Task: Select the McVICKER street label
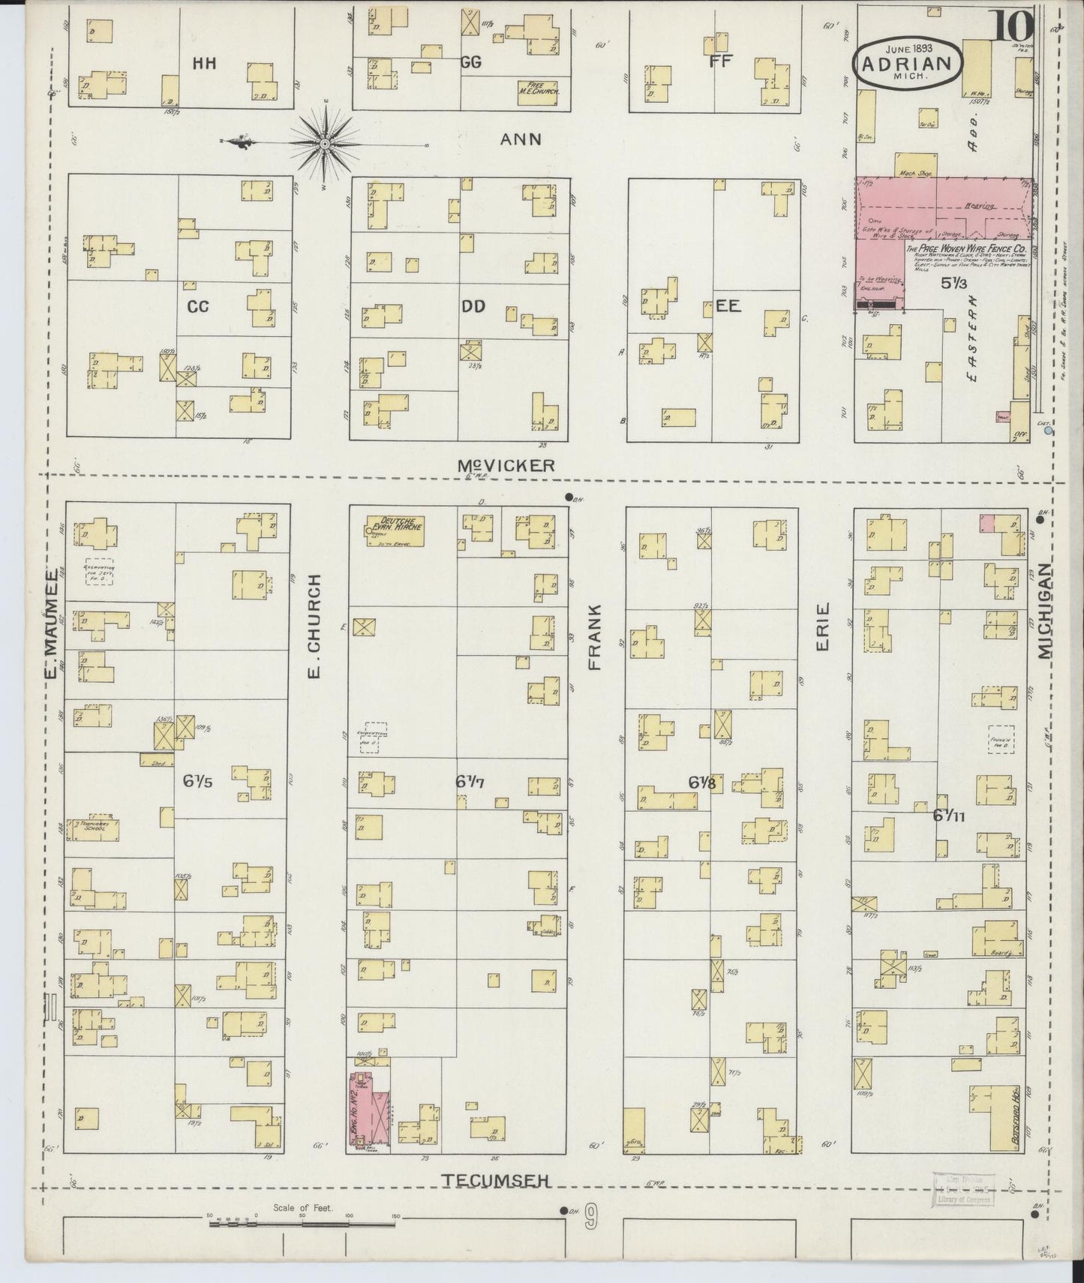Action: tap(506, 466)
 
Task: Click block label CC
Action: tap(197, 306)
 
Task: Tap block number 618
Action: tap(702, 782)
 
